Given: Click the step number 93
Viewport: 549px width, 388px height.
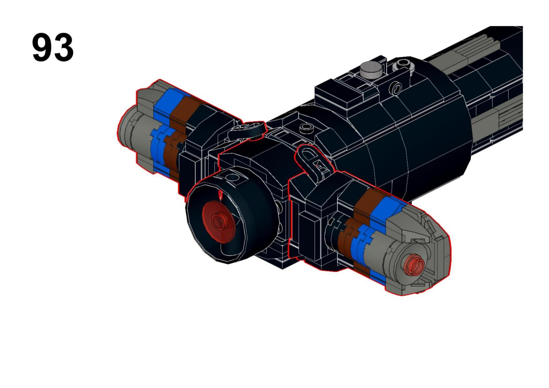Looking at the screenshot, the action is tap(53, 48).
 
